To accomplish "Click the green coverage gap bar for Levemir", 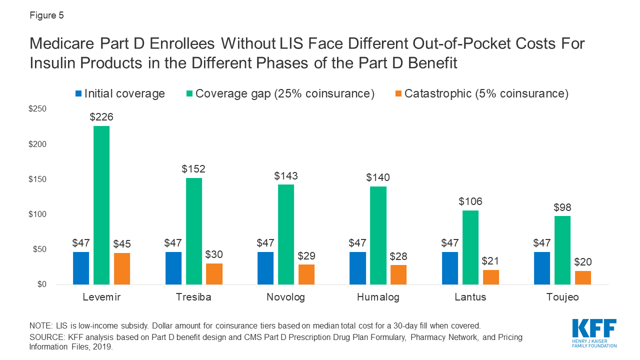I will tap(101, 205).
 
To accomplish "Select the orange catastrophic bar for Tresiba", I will tap(214, 274).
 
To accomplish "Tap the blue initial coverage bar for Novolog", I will tap(265, 268).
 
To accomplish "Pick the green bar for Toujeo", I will tap(562, 250).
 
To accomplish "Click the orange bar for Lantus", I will tap(490, 277).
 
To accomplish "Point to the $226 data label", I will tap(101, 117).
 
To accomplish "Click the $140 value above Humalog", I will tap(378, 177).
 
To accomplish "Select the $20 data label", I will tap(582, 262).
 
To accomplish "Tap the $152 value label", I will tap(193, 169).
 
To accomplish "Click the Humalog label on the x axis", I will tap(378, 297).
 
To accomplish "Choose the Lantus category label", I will tap(470, 297).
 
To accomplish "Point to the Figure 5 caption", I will tap(47, 15).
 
